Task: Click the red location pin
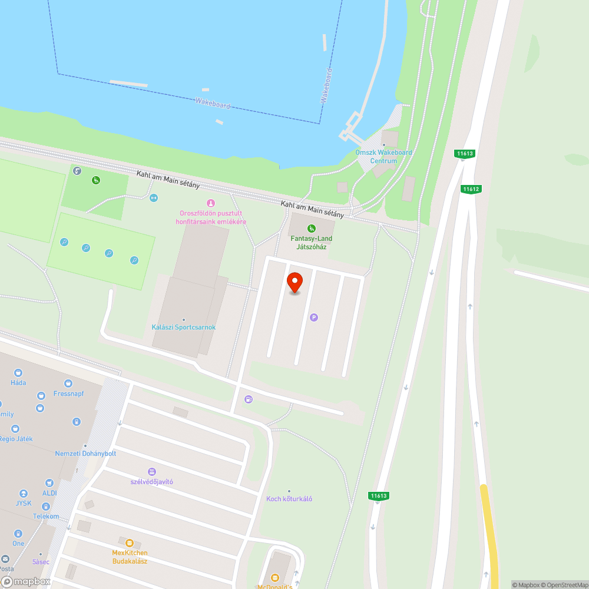[x=295, y=282]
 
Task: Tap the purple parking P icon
[x=314, y=317]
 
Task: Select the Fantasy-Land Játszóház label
[x=312, y=242]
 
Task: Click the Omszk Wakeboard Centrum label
[x=383, y=156]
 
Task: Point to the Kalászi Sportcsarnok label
[x=184, y=327]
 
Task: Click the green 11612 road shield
[x=471, y=189]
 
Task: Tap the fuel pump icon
[x=249, y=399]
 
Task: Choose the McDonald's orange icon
[x=274, y=577]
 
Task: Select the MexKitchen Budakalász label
[x=130, y=557]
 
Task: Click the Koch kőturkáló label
[x=289, y=499]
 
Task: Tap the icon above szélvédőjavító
[x=152, y=472]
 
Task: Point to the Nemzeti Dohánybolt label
[x=85, y=454]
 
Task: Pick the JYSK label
[x=24, y=504]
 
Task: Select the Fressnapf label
[x=69, y=393]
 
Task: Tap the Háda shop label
[x=18, y=382]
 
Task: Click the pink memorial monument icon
[x=211, y=203]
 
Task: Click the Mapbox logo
[x=27, y=581]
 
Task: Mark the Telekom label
[x=46, y=517]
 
